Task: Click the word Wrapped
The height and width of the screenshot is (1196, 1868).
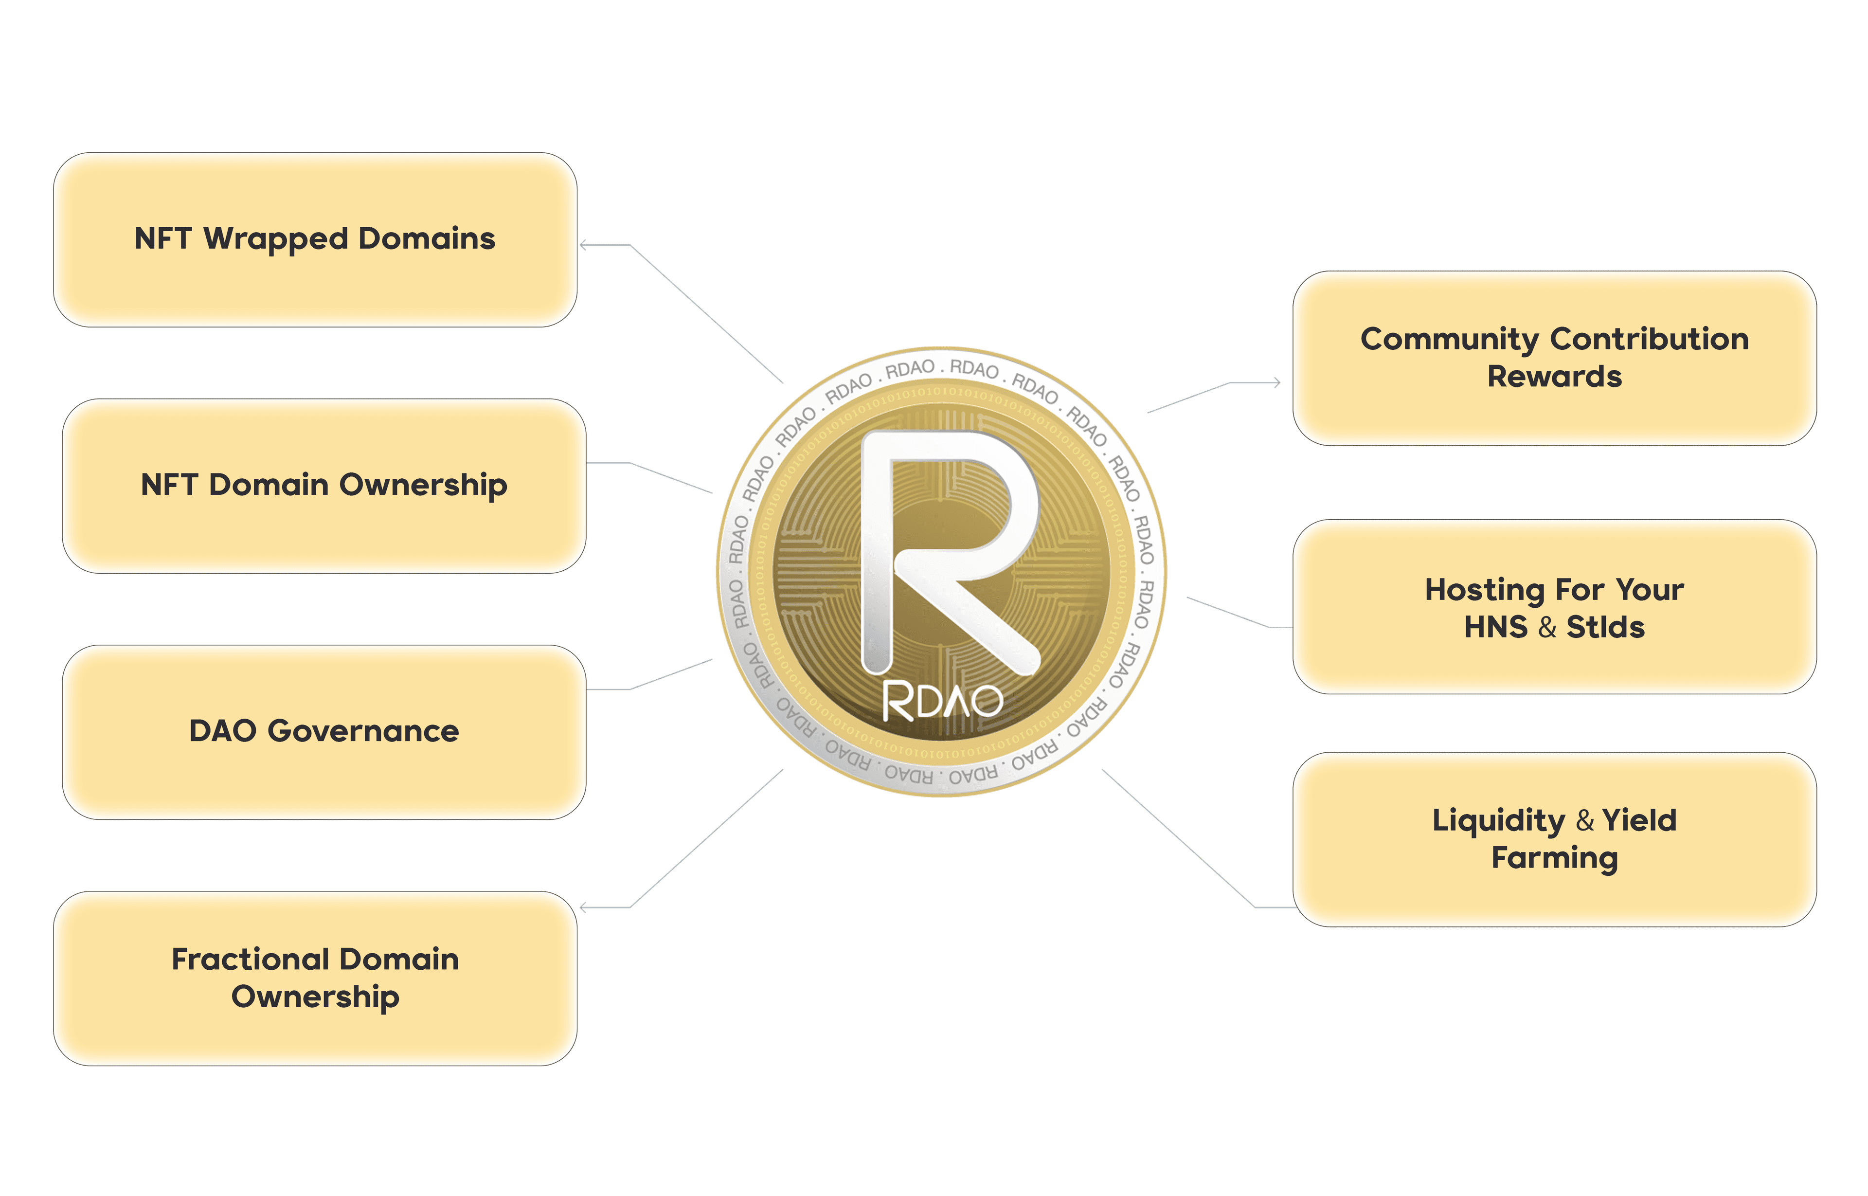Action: [x=276, y=239]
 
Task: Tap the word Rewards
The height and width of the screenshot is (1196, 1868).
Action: [x=1554, y=377]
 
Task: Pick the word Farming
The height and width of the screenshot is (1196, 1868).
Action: [x=1554, y=858]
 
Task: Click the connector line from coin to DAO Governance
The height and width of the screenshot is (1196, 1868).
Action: [x=672, y=674]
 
